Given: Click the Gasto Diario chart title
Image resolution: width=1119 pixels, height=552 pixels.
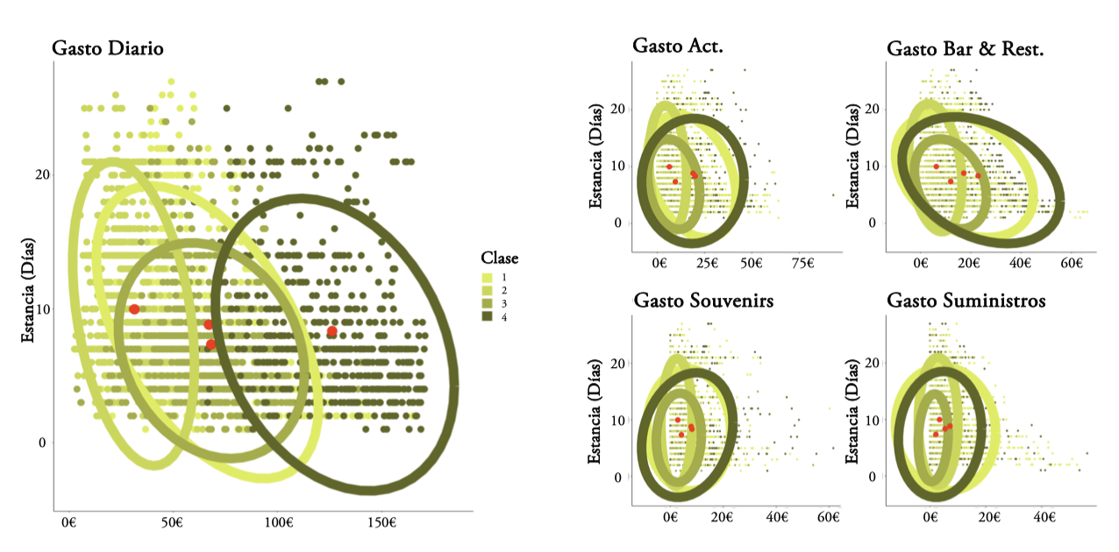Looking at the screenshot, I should click(x=107, y=48).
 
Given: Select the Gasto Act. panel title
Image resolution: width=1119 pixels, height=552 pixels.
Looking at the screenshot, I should click(x=678, y=47).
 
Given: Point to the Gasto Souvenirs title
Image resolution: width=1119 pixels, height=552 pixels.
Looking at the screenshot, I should click(x=703, y=301).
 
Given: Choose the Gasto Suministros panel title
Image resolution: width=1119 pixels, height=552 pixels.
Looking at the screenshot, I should click(x=966, y=301).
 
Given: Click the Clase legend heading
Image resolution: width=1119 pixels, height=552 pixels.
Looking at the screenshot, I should click(x=499, y=258).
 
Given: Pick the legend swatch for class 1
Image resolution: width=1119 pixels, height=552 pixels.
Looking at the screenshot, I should click(x=488, y=276).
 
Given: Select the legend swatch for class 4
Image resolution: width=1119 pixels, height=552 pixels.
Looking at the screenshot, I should click(x=488, y=316).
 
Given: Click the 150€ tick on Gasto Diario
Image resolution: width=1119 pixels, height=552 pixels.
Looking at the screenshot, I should click(x=381, y=523).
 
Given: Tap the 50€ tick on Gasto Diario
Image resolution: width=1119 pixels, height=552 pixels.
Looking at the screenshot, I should click(x=173, y=523).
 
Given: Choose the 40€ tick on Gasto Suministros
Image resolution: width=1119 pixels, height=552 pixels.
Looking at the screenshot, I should click(x=1044, y=517).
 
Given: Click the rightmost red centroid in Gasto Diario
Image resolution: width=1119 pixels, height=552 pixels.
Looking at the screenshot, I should click(x=331, y=331).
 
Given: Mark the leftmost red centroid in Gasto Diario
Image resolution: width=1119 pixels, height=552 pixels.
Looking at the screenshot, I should click(x=133, y=309).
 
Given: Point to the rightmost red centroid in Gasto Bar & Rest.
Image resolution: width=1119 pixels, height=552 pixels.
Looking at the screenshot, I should click(x=979, y=176).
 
